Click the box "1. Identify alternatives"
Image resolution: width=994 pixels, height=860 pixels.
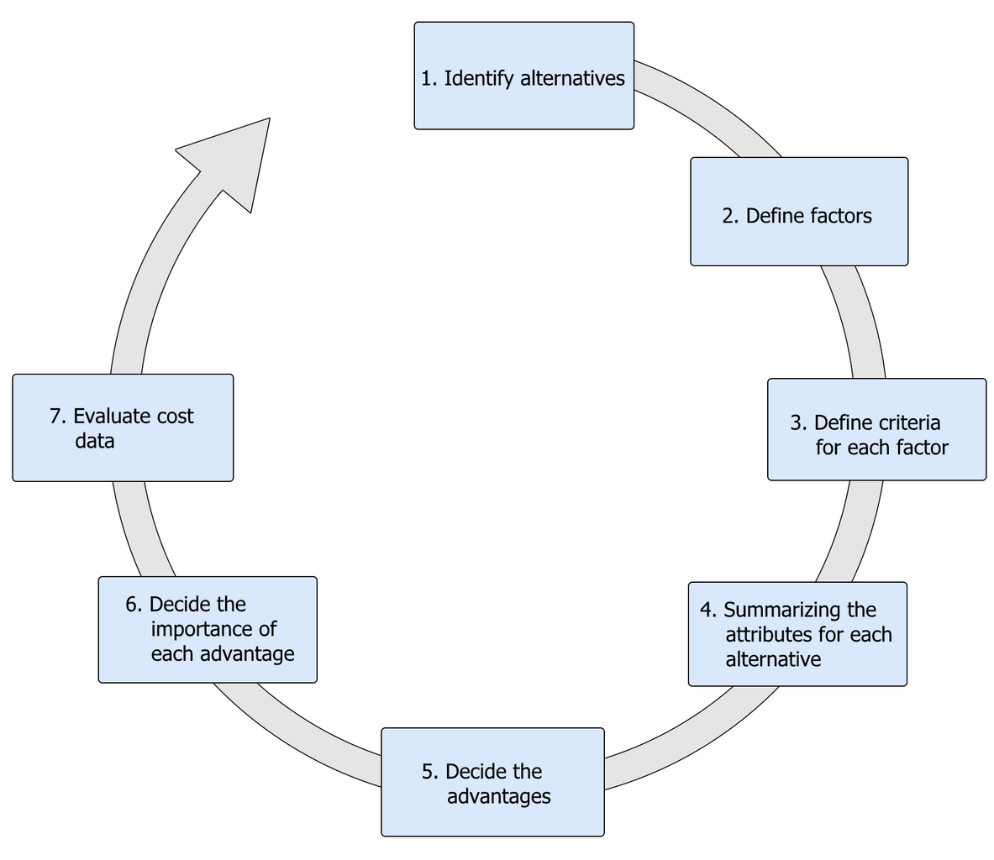point(523,76)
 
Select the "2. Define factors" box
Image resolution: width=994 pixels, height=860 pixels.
point(798,212)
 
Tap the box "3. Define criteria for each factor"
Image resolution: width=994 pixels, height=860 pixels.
point(876,429)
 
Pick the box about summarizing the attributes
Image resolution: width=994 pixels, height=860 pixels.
point(797,634)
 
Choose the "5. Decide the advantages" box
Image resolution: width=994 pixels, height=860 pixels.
point(492,782)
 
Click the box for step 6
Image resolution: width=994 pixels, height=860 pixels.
point(208,629)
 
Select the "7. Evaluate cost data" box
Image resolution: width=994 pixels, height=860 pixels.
point(123,427)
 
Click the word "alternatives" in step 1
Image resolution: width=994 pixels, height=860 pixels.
point(572,79)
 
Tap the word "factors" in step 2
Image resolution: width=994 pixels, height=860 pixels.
point(840,216)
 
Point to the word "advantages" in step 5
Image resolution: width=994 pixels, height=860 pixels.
point(498,796)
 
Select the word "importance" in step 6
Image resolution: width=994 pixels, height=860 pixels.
point(213,629)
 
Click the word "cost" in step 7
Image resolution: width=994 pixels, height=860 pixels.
point(175,416)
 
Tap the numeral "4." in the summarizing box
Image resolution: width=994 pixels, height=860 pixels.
point(708,610)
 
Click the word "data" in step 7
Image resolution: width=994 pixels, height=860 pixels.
point(94,441)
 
